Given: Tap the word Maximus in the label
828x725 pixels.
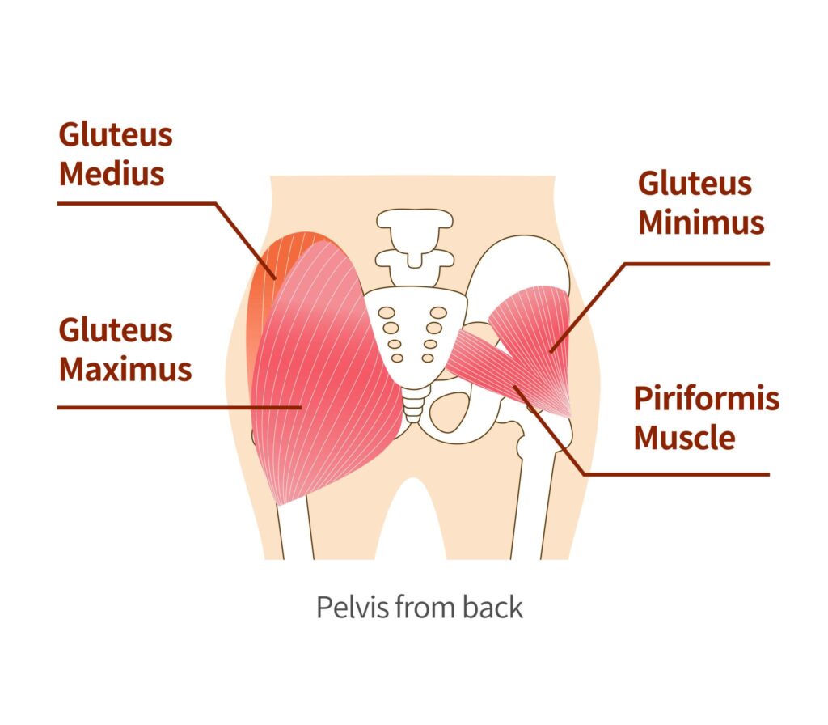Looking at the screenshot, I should (x=125, y=369).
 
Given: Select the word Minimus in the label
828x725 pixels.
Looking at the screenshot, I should (x=701, y=223).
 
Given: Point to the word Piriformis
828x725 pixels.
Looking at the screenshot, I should (x=706, y=399).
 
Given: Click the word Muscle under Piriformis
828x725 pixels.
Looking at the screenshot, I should (x=684, y=438).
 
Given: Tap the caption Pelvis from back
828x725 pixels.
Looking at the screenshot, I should (x=419, y=607).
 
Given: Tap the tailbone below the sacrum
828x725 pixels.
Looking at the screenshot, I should (x=413, y=405).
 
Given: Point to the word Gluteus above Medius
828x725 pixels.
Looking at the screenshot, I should (x=116, y=135).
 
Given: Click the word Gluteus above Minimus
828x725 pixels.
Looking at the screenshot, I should (x=695, y=184).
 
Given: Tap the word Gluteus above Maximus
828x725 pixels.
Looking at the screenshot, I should (x=116, y=330).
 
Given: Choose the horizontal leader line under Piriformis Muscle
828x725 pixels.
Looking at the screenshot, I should (x=679, y=473).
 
